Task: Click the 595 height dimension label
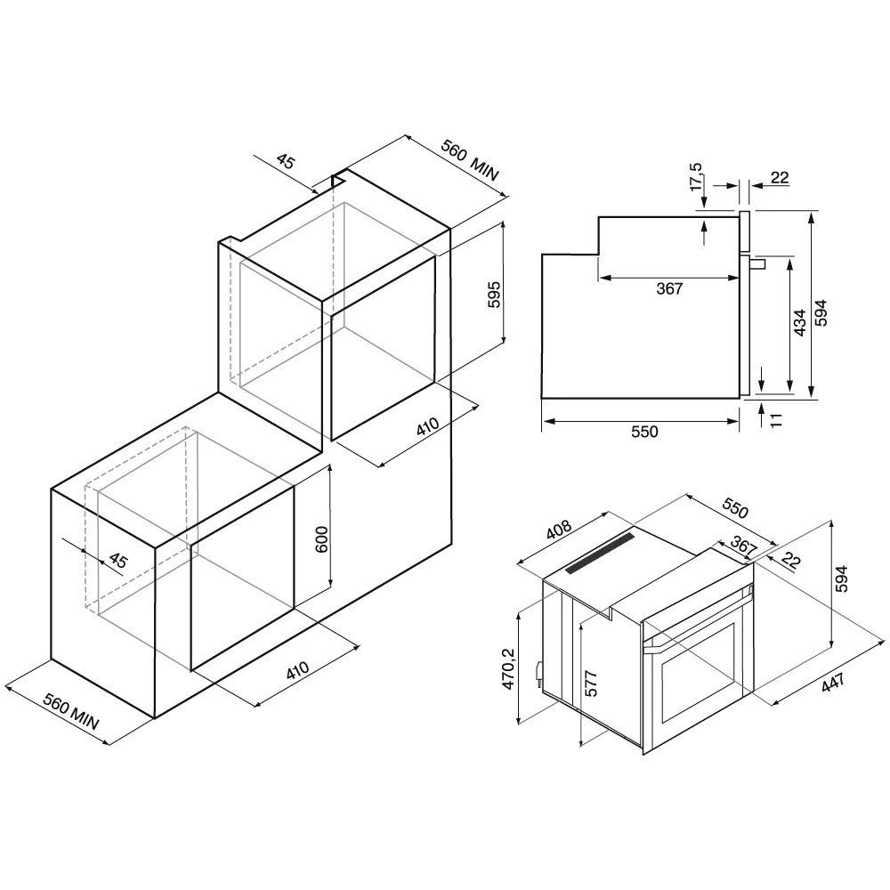tap(494, 295)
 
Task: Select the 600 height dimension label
tap(321, 540)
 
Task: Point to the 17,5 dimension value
tap(696, 177)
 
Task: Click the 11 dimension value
tap(776, 419)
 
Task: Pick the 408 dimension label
tap(559, 530)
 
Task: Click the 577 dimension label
tap(591, 684)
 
